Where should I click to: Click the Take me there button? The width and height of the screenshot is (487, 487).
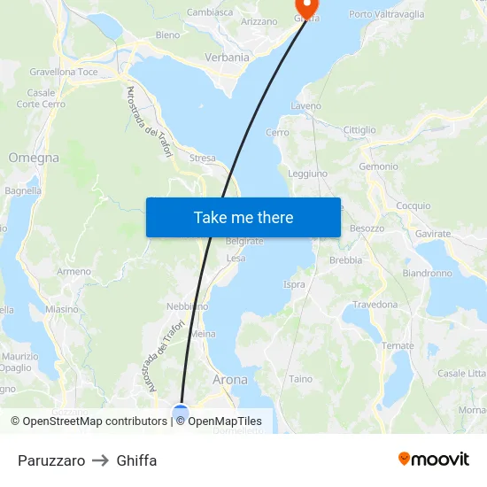pyautogui.click(x=243, y=217)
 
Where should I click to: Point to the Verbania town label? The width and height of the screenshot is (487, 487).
pyautogui.click(x=228, y=57)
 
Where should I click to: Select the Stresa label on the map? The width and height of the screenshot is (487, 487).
pyautogui.click(x=202, y=158)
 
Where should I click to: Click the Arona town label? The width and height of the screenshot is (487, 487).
pyautogui.click(x=230, y=379)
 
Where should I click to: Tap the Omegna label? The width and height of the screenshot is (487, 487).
pyautogui.click(x=34, y=158)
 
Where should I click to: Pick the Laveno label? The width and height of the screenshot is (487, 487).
pyautogui.click(x=306, y=106)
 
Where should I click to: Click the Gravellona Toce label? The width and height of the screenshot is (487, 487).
pyautogui.click(x=64, y=71)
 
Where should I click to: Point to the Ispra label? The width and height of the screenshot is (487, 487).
pyautogui.click(x=294, y=284)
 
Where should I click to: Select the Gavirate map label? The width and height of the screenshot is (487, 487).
pyautogui.click(x=433, y=234)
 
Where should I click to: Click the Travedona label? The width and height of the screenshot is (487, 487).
pyautogui.click(x=375, y=304)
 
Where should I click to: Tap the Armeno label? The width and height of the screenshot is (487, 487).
pyautogui.click(x=73, y=271)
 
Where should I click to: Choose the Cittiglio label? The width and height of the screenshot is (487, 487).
pyautogui.click(x=359, y=129)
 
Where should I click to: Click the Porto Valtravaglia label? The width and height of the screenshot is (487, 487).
pyautogui.click(x=386, y=14)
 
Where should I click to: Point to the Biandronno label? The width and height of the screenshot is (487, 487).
pyautogui.click(x=428, y=273)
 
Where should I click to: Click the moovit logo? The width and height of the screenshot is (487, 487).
pyautogui.click(x=434, y=460)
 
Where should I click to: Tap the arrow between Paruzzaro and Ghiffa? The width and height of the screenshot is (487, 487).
pyautogui.click(x=101, y=460)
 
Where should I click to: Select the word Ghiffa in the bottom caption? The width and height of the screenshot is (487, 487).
pyautogui.click(x=136, y=460)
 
